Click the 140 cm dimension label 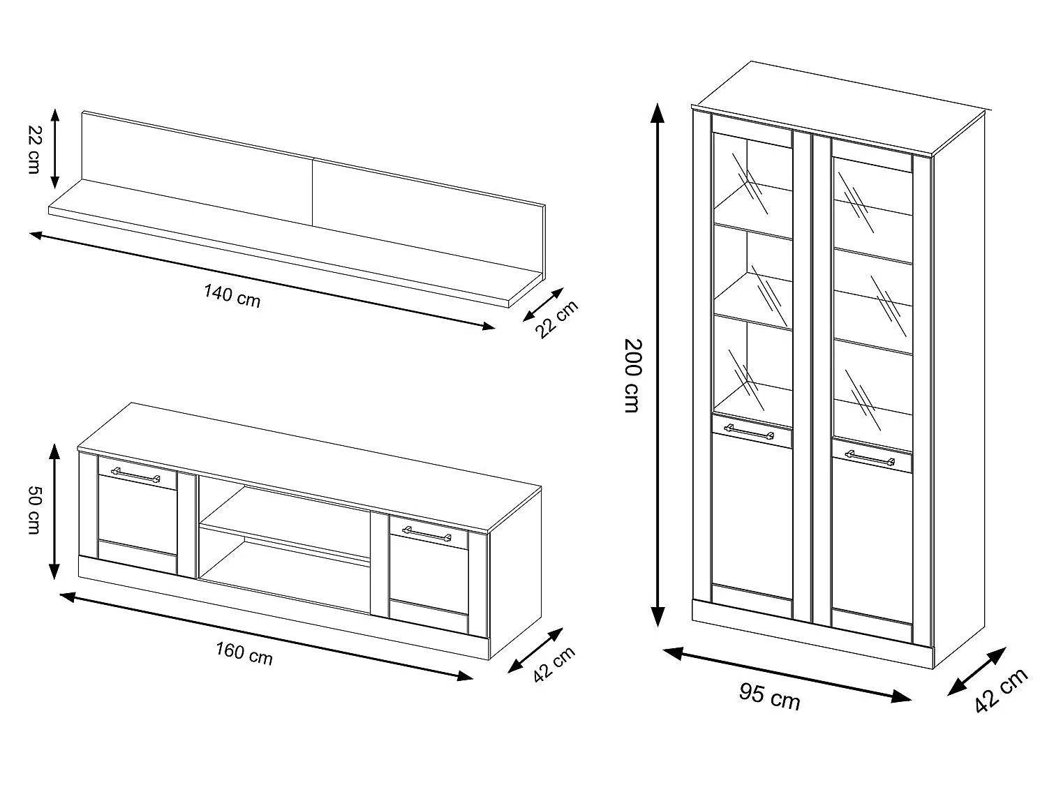pyautogui.click(x=232, y=296)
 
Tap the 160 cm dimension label pyautogui.click(x=244, y=653)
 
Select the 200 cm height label pyautogui.click(x=633, y=375)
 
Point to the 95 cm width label pyautogui.click(x=769, y=696)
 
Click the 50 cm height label pyautogui.click(x=34, y=509)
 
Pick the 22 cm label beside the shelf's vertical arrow pyautogui.click(x=34, y=149)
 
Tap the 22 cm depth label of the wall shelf pyautogui.click(x=556, y=319)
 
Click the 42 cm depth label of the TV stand pyautogui.click(x=554, y=664)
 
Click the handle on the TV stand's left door pyautogui.click(x=135, y=474)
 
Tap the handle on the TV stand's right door pyautogui.click(x=426, y=534)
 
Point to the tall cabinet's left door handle pyautogui.click(x=749, y=431)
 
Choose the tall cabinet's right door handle pyautogui.click(x=870, y=457)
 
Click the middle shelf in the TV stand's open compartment pyautogui.click(x=285, y=544)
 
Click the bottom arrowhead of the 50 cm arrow pyautogui.click(x=54, y=571)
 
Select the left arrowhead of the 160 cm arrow pyautogui.click(x=68, y=597)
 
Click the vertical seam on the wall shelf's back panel pyautogui.click(x=313, y=192)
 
